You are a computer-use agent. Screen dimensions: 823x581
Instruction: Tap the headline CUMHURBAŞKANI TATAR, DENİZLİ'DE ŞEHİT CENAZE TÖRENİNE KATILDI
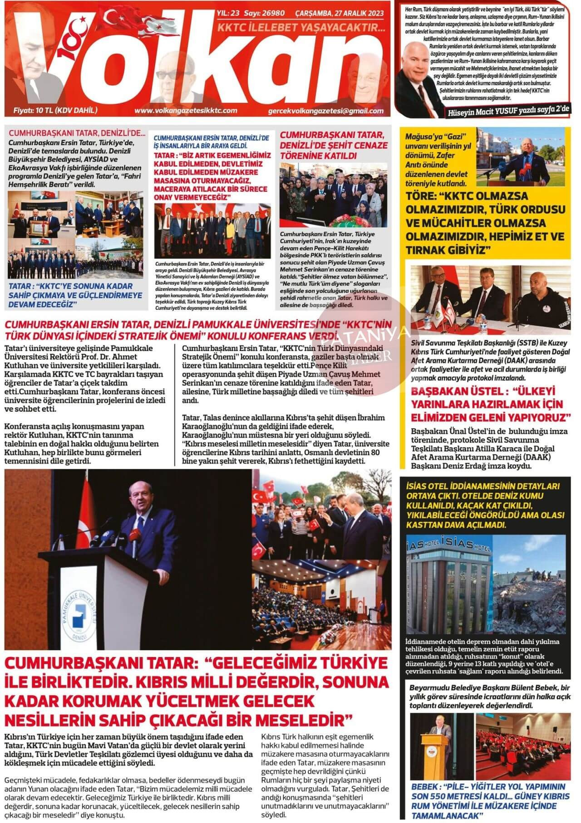(334, 145)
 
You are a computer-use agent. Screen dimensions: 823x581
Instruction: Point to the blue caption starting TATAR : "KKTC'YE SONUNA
(71, 295)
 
